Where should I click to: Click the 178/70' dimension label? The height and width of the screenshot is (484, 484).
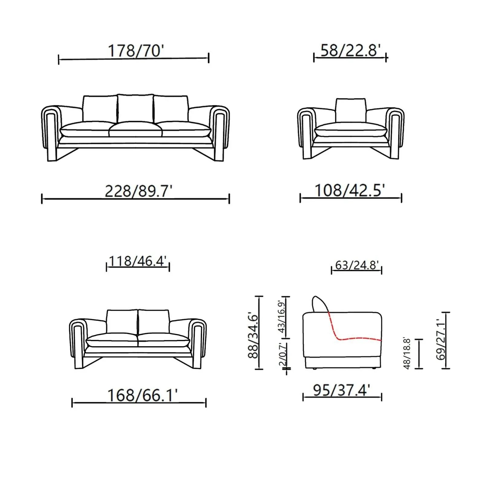[x=136, y=51]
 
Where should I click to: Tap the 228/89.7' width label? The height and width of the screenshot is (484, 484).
[x=138, y=191]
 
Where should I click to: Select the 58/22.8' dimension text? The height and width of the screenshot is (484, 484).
[x=350, y=50]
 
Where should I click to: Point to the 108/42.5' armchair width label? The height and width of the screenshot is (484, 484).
[x=350, y=190]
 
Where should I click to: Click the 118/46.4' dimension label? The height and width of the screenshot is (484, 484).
[x=138, y=261]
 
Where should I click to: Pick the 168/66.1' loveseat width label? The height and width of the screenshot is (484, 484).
[x=142, y=395]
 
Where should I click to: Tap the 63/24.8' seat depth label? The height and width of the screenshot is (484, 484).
[x=357, y=265]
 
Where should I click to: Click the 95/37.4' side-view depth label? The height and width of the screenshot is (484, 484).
[x=342, y=390]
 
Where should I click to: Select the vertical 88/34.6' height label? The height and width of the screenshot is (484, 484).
[x=253, y=336]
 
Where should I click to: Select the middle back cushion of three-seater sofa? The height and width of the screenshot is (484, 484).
[x=135, y=108]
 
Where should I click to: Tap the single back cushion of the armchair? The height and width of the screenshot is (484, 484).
[x=351, y=110]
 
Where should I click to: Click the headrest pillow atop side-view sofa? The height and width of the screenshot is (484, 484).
[x=320, y=304]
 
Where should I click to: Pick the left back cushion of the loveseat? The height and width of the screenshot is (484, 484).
[x=122, y=321]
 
